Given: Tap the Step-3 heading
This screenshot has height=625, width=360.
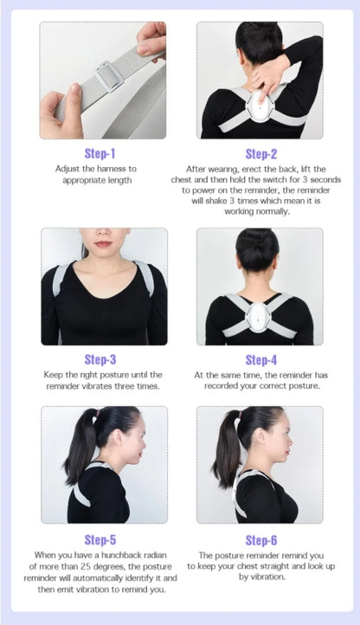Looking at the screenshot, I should (x=100, y=359).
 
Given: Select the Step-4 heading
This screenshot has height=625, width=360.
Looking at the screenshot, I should (x=260, y=359).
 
